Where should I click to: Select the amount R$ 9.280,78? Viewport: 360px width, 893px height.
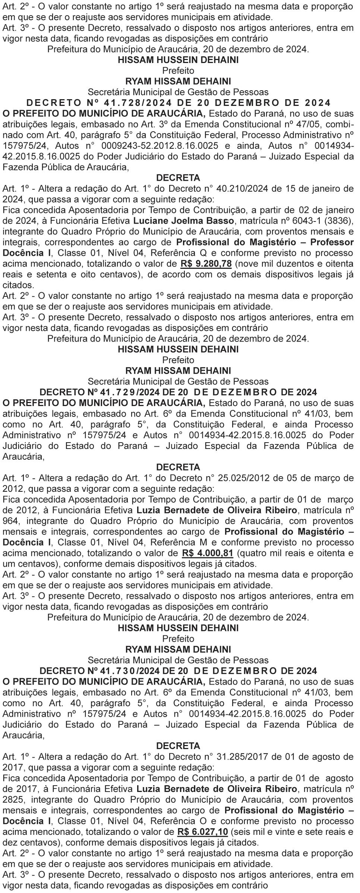click(206, 264)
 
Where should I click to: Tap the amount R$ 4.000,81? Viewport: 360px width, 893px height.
click(208, 553)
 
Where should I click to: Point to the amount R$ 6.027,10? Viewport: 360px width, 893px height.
click(203, 843)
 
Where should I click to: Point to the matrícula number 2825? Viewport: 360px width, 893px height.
click(12, 800)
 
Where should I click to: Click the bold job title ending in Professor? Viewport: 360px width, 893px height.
click(265, 242)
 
